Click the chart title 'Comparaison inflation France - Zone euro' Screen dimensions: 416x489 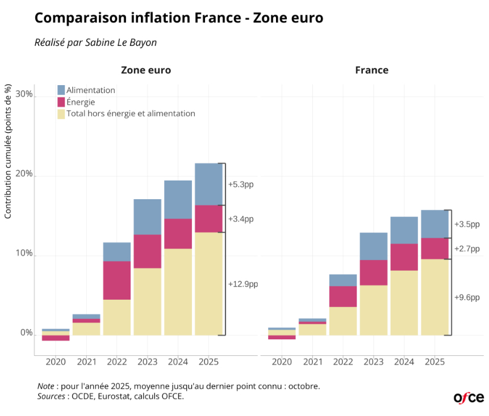[x=179, y=18]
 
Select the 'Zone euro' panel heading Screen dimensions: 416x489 [x=146, y=70]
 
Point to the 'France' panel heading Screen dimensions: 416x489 [x=371, y=70]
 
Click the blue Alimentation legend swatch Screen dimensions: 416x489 [x=61, y=90]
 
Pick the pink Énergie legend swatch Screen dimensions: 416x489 [x=61, y=102]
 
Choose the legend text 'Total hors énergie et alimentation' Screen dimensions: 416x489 [x=131, y=114]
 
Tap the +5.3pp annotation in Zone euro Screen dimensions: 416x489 [x=240, y=184]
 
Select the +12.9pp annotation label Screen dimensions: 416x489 [x=243, y=284]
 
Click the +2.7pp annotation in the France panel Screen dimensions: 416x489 [x=467, y=249]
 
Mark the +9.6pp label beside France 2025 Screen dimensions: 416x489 [x=467, y=297]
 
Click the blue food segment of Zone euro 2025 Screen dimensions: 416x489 [x=208, y=184]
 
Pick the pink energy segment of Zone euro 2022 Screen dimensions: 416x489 [x=117, y=280]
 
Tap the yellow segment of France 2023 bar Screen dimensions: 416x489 [x=373, y=310]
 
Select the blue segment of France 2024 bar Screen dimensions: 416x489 [x=404, y=230]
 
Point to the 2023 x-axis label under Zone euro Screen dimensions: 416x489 [x=147, y=362]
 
